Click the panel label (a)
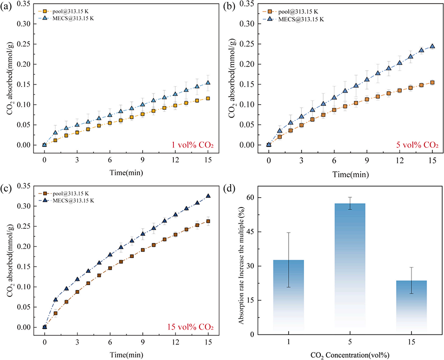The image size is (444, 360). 8,7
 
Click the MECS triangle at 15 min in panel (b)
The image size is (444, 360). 432,46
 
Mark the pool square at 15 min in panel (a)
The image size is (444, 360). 208,98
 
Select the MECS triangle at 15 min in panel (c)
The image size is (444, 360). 208,196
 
